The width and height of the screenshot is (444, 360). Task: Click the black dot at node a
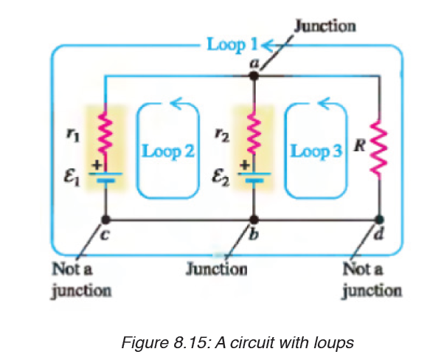coord(254,76)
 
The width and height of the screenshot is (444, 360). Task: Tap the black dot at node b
coord(254,219)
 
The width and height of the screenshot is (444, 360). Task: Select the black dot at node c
coord(105,219)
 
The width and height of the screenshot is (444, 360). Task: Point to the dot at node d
coord(379,219)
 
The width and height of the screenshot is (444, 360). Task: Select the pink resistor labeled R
coord(379,149)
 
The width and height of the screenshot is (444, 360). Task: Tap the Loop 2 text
coord(168,151)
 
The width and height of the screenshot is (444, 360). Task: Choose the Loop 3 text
coord(316,151)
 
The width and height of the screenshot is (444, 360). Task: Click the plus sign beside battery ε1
coord(97,165)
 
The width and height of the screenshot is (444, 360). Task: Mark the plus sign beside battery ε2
coord(246,165)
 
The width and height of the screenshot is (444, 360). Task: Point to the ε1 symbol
coord(72,179)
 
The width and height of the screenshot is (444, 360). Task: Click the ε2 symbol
coord(221,179)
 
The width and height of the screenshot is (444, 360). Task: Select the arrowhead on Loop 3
coord(325,103)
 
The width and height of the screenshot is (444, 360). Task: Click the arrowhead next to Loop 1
coord(268,45)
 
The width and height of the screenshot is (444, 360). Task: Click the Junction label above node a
coord(325,26)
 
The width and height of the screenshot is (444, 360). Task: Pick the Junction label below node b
coord(216,269)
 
